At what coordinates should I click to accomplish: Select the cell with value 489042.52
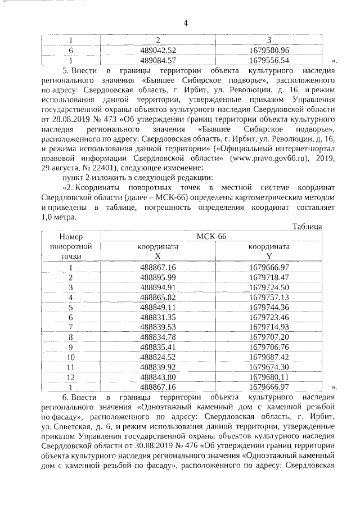(x=158, y=50)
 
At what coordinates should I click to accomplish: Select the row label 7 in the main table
(x=71, y=326)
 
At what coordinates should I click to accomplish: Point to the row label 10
(x=71, y=357)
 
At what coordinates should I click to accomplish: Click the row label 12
(x=71, y=377)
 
